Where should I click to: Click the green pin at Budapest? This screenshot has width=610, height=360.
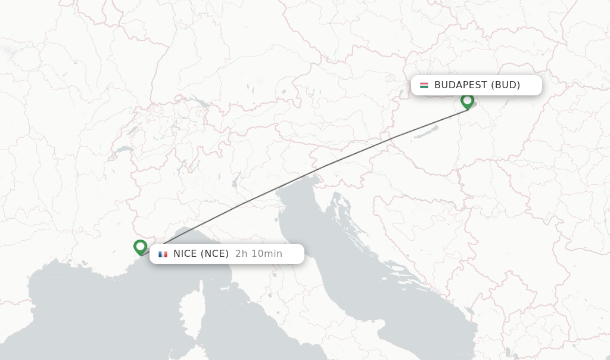(467, 101)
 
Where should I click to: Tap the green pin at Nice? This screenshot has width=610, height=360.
(140, 246)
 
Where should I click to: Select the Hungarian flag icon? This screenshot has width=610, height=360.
(424, 85)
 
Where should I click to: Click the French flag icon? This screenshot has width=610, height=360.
(163, 254)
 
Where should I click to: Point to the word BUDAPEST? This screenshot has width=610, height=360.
(460, 85)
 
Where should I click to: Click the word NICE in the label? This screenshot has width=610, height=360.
(185, 254)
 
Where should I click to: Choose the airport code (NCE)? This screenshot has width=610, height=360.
(214, 254)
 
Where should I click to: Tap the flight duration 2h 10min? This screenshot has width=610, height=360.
(259, 254)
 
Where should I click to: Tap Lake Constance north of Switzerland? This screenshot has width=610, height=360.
(201, 103)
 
